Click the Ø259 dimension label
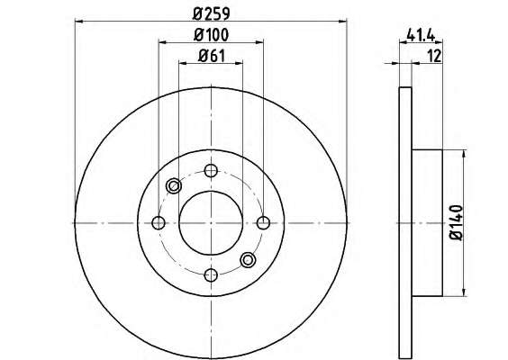tap(212, 13)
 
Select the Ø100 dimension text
tap(212, 35)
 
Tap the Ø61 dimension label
tap(212, 56)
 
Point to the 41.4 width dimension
tap(421, 34)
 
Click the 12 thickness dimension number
tap(434, 56)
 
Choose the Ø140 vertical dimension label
tap(456, 222)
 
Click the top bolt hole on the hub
tap(211, 170)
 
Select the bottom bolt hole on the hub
tap(211, 275)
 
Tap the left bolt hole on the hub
tap(159, 222)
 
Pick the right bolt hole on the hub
tap(263, 222)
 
